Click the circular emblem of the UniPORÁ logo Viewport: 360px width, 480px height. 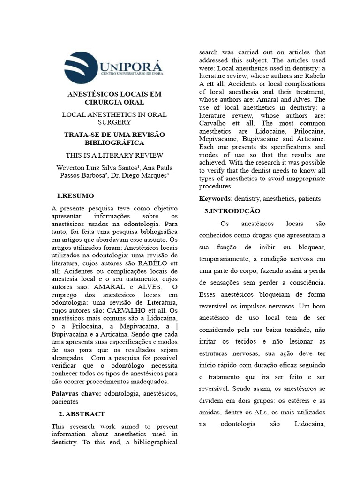pos(82,68)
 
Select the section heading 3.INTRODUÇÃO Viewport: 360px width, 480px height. pos(232,211)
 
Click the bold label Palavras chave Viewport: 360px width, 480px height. pos(75,394)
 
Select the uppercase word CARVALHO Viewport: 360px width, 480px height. pos(121,311)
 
